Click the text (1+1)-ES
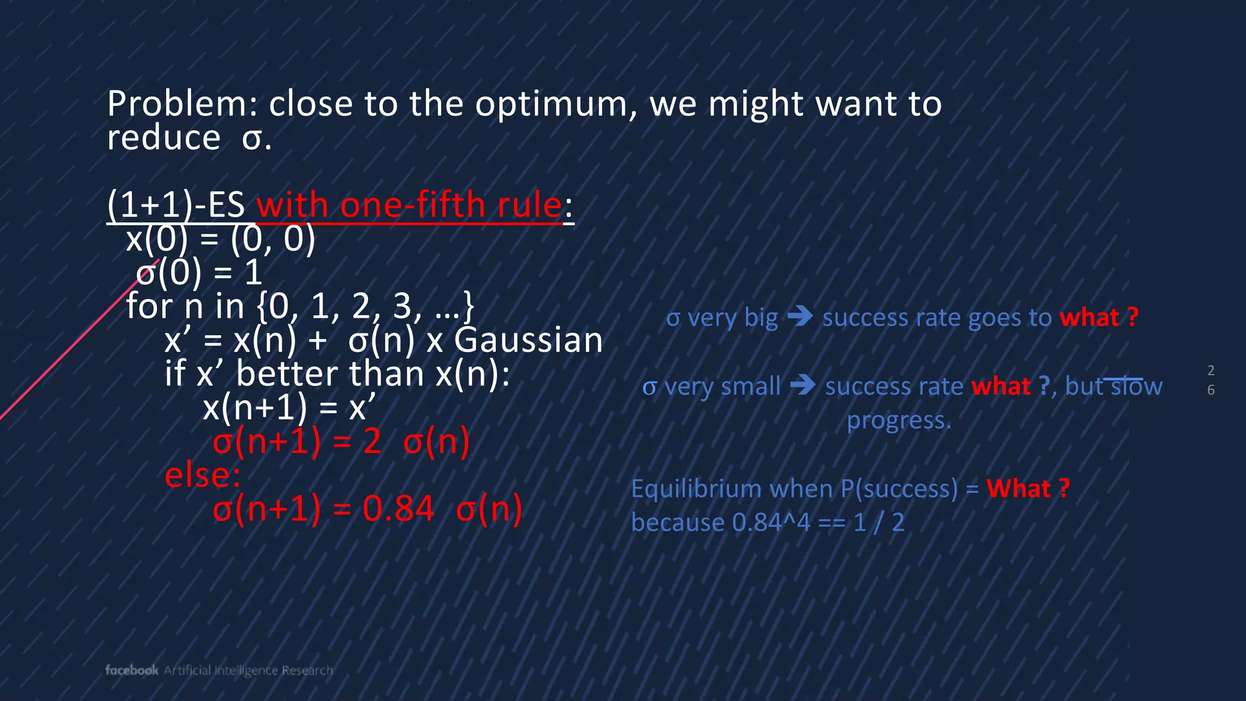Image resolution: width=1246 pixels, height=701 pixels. pos(175,205)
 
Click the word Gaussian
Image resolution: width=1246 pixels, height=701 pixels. pos(528,340)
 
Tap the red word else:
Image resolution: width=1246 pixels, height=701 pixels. pos(203,475)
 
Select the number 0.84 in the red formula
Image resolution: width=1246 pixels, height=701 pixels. pos(399,509)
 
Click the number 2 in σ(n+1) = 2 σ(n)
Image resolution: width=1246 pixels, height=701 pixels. pos(372,442)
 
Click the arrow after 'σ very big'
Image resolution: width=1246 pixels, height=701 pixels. pos(800,317)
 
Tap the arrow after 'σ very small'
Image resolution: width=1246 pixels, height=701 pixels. pos(802,386)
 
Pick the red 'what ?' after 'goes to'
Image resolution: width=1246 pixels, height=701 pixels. pos(1098,318)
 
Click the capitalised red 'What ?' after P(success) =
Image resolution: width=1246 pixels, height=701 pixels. pos(1028,489)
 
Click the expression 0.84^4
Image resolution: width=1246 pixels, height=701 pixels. pos(771,523)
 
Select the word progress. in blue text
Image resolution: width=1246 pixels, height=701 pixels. pos(899,420)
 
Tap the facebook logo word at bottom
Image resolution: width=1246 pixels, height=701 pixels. pos(131,670)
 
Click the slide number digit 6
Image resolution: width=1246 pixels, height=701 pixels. pos(1211,390)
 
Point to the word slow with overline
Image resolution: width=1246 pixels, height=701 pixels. pos(1136,387)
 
